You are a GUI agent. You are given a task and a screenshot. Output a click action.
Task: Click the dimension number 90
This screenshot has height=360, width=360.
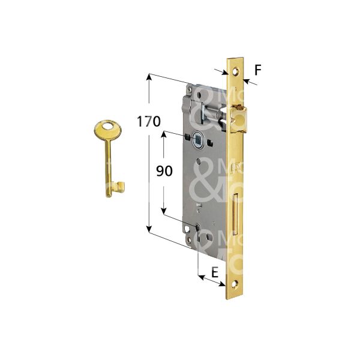pos(164,171)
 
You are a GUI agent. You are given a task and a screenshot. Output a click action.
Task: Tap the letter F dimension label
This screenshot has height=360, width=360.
pos(257,70)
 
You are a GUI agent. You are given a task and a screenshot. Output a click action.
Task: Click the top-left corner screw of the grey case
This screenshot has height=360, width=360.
pos(190,89)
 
